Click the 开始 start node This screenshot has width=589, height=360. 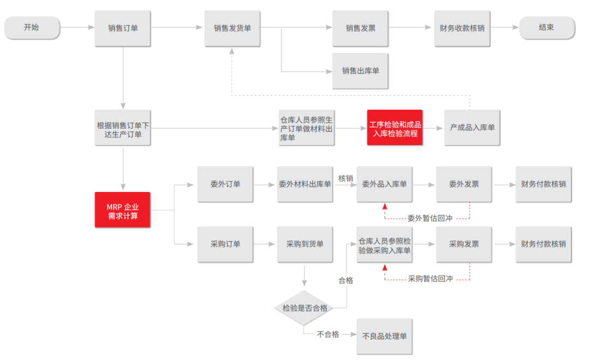click(x=32, y=28)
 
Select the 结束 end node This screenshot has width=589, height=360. click(x=546, y=28)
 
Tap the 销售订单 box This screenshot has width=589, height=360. click(x=123, y=28)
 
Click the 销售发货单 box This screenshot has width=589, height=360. click(x=232, y=28)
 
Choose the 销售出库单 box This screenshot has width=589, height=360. click(x=360, y=71)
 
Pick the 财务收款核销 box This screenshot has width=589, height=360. click(x=462, y=28)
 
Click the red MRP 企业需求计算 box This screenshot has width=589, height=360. click(x=123, y=210)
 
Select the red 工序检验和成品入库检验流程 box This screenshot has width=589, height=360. click(x=395, y=128)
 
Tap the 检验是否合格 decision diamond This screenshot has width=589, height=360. click(x=304, y=308)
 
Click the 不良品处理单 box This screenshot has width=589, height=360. click(x=384, y=336)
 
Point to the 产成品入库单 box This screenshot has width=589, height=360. click(x=472, y=128)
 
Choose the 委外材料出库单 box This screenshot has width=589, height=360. click(x=305, y=184)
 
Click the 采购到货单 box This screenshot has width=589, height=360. click(x=305, y=244)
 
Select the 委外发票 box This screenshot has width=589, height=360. click(x=464, y=184)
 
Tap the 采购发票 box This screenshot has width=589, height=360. click(x=464, y=244)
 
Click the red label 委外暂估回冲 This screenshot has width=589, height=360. click(x=430, y=218)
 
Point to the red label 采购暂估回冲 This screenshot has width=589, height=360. click(x=430, y=279)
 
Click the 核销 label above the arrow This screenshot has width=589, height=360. click(x=345, y=178)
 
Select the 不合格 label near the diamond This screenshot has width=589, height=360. click(x=328, y=334)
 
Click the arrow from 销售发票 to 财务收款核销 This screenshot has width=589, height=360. click(x=411, y=28)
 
